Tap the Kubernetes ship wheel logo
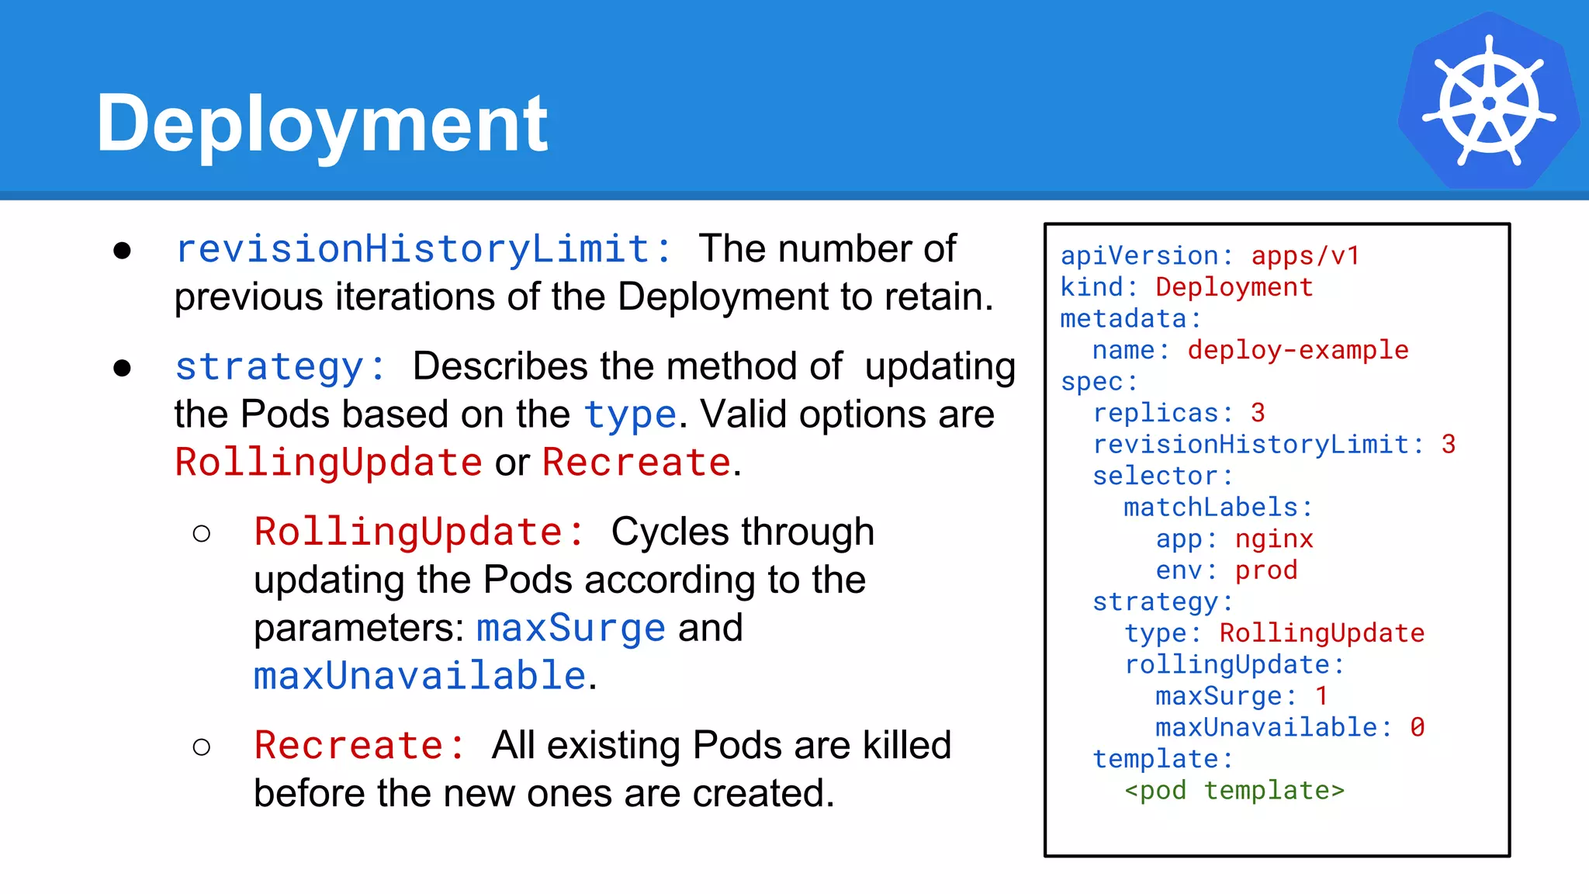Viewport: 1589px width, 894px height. [x=1488, y=102]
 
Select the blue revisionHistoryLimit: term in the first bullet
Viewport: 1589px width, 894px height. [x=424, y=249]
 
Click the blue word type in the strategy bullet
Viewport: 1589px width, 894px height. [x=630, y=415]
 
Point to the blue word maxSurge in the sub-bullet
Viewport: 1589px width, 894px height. [x=570, y=628]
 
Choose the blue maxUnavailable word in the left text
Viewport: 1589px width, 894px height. [x=420, y=676]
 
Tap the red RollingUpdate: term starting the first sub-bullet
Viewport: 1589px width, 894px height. [x=419, y=532]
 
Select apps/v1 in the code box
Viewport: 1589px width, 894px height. [x=1305, y=255]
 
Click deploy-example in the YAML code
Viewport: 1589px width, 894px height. [x=1297, y=350]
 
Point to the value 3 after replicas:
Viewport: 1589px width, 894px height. [x=1258, y=413]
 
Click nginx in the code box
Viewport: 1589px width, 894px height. [x=1274, y=539]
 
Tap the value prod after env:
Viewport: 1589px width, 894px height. [x=1266, y=570]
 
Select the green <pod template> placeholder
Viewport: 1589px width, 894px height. [x=1234, y=790]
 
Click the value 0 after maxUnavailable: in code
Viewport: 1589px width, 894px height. [x=1417, y=727]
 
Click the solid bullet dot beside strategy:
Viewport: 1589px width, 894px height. [x=122, y=368]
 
